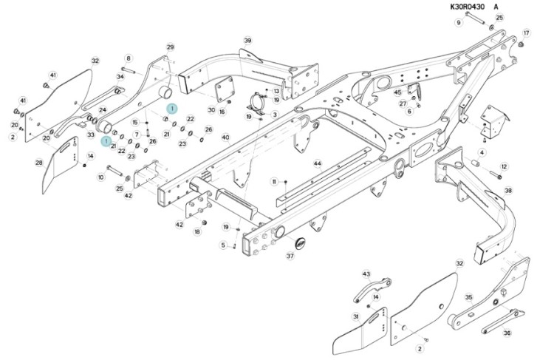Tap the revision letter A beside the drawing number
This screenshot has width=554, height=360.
(x=496, y=7)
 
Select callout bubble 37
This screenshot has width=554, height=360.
(x=290, y=256)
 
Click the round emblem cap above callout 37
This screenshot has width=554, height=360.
(x=300, y=242)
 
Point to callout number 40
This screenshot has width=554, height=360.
(x=226, y=137)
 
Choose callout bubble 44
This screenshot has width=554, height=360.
(x=318, y=163)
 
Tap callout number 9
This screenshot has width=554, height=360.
(x=459, y=23)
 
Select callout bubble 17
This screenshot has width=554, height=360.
(x=527, y=33)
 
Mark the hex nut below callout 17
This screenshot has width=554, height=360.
(x=521, y=44)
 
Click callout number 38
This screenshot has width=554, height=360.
(x=508, y=191)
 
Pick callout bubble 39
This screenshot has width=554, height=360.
(x=247, y=41)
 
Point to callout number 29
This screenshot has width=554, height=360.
(x=171, y=47)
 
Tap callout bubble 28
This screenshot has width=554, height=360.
(x=39, y=163)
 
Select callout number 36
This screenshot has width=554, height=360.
(x=507, y=333)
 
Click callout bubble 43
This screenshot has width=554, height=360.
(x=366, y=274)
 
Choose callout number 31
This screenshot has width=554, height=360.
(x=356, y=316)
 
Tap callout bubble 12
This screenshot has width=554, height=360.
(x=504, y=166)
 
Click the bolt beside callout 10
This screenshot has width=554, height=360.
(x=114, y=171)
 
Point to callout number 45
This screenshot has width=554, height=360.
(x=398, y=92)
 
